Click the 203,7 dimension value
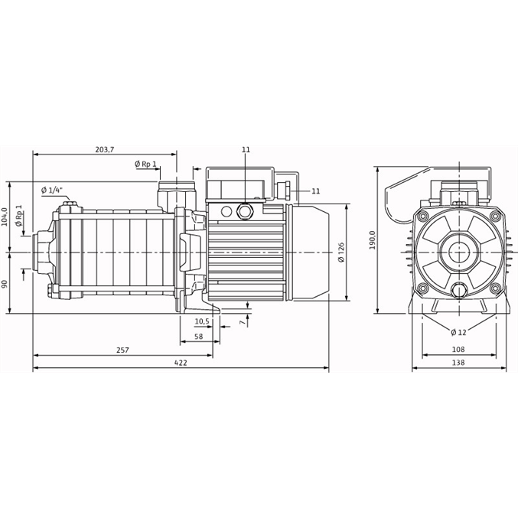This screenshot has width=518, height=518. point(104,149)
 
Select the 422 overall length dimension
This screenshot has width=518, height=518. point(181,362)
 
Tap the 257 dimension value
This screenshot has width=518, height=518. point(123,350)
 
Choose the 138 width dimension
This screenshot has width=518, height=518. point(458,362)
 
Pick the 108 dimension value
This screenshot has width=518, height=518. point(458,350)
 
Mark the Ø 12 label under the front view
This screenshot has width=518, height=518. point(458,331)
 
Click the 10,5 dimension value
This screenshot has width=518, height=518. point(201,321)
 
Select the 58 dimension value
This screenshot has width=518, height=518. point(198,337)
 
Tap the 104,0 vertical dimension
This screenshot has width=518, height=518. point(5,217)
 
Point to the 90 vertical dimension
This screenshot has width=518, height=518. point(5,283)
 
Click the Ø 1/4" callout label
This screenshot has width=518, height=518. point(52,190)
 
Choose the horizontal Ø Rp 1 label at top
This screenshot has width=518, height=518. point(145,165)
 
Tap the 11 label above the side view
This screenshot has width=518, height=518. point(246,150)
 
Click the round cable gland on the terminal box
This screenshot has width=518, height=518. point(246,209)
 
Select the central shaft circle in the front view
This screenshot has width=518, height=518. point(458,251)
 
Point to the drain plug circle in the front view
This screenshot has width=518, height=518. point(458,290)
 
